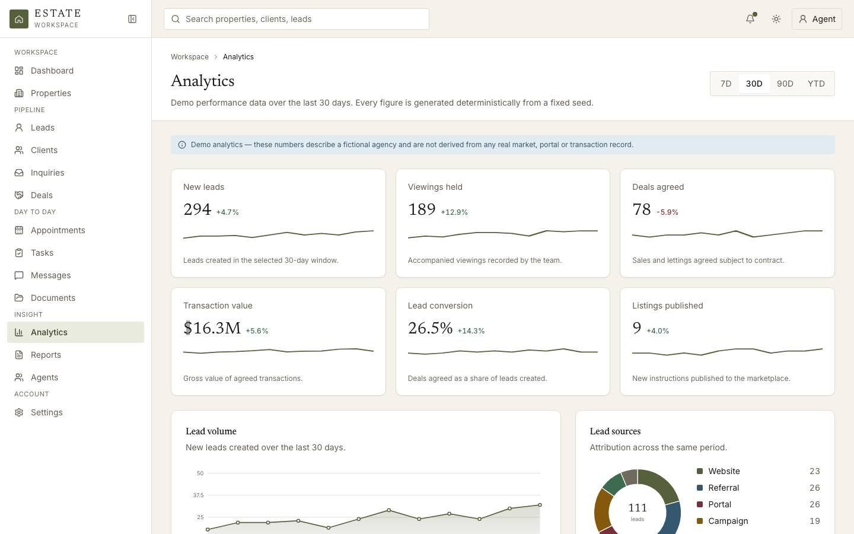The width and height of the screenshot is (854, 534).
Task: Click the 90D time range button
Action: point(785,84)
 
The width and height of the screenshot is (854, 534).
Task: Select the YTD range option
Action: point(816,84)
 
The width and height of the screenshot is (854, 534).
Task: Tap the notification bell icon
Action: point(750,19)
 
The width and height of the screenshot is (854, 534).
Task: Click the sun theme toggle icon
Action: point(776,19)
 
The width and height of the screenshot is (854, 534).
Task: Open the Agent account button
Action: point(817,19)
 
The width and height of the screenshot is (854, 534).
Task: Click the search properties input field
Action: point(297,19)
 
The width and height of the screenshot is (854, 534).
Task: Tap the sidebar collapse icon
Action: point(132,19)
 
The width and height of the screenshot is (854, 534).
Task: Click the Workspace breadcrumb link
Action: point(190,57)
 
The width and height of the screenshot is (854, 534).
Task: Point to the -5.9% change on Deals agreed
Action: point(667,212)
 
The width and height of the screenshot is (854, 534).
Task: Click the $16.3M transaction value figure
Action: point(212,328)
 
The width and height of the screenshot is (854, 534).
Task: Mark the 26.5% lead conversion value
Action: point(430,328)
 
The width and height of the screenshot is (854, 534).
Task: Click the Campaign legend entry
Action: point(728,521)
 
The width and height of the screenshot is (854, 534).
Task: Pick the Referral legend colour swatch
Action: point(700,488)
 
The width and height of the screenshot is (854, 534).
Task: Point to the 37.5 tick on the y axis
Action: point(198,495)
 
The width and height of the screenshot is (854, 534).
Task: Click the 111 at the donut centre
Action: point(637,508)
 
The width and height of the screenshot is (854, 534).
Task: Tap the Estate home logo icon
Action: point(19,19)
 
